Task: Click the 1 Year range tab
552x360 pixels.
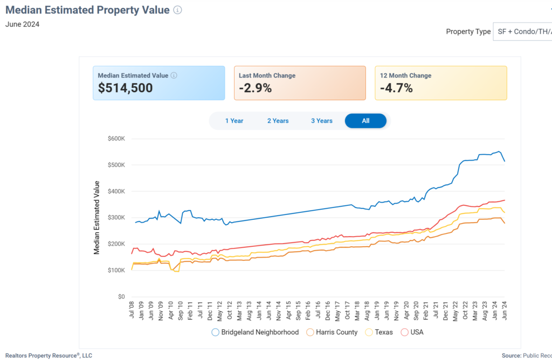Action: click(234, 121)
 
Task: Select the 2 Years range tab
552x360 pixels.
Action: click(278, 121)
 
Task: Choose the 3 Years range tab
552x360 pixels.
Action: click(322, 121)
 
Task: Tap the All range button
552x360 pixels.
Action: click(365, 121)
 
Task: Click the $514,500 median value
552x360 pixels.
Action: click(125, 88)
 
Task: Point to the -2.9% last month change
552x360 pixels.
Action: click(255, 88)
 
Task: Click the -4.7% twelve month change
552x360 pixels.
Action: click(396, 88)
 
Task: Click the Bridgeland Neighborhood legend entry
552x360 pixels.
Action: click(259, 332)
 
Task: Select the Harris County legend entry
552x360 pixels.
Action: click(336, 332)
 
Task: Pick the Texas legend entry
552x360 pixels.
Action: click(384, 332)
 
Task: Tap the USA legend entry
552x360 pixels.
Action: click(417, 332)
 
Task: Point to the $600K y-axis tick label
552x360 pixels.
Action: click(116, 139)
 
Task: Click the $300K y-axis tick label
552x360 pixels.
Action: click(116, 218)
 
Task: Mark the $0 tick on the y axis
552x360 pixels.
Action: click(121, 296)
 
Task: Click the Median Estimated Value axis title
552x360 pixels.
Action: click(97, 218)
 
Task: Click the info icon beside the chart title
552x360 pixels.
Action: click(177, 10)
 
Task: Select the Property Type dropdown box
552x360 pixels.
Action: click(522, 31)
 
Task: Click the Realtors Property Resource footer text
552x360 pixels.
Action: click(49, 355)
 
